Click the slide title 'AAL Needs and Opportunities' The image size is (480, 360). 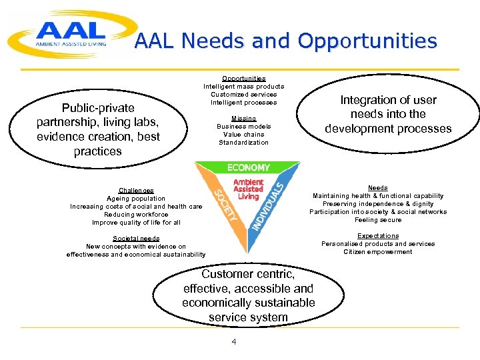coord(285,42)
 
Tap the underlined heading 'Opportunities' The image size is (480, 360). coord(243,79)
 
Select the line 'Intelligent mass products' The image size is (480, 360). coord(243,87)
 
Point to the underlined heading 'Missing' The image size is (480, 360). coord(243,119)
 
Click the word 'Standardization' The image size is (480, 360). coord(243,143)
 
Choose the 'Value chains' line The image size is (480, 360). coord(243,135)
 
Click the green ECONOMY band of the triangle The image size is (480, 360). coord(248,167)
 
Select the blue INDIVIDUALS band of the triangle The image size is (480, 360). coord(269,203)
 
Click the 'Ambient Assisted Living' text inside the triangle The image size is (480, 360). coord(248,189)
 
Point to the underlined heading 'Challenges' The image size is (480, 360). coord(136,191)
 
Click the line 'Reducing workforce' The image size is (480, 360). coord(136,215)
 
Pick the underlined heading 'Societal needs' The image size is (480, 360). coord(136,239)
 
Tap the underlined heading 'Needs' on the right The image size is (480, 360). coord(378,188)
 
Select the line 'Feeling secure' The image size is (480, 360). coord(378,220)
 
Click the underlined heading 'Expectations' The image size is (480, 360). coord(378,236)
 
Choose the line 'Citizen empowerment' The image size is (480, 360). coord(378,252)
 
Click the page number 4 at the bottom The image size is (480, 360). coord(233,342)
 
